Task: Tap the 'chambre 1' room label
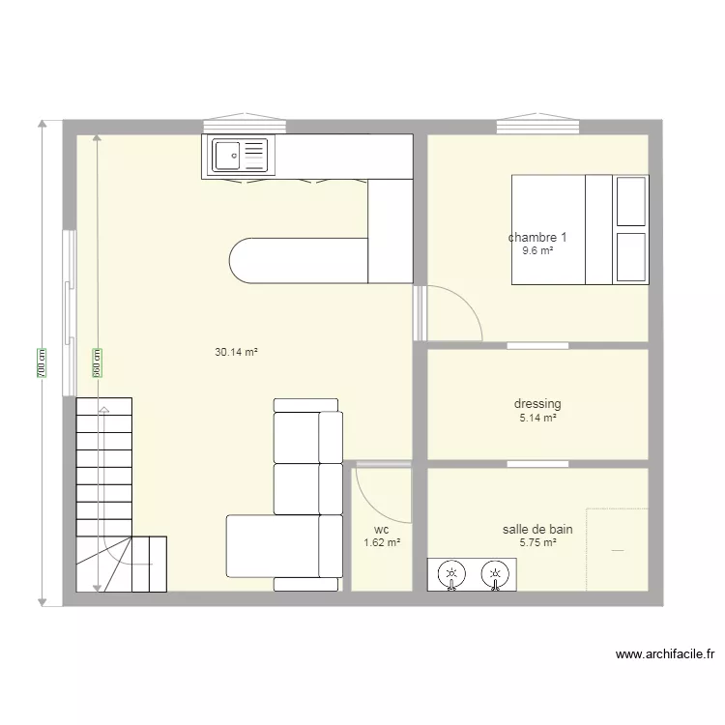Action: pyautogui.click(x=537, y=238)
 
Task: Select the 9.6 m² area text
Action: pyautogui.click(x=537, y=251)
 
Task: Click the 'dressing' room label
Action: pyautogui.click(x=537, y=404)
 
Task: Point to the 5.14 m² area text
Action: pyautogui.click(x=537, y=419)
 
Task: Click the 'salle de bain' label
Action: pyautogui.click(x=537, y=529)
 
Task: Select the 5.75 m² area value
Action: pyautogui.click(x=537, y=543)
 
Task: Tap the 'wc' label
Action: pyautogui.click(x=381, y=529)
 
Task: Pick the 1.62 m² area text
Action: pyautogui.click(x=381, y=543)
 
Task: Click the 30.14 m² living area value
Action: pyautogui.click(x=236, y=353)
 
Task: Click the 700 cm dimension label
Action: pyautogui.click(x=42, y=362)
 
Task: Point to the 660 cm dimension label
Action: pyautogui.click(x=97, y=362)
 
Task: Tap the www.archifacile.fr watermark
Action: pyautogui.click(x=665, y=654)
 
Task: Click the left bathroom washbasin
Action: pyautogui.click(x=449, y=575)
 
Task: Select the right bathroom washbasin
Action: pyautogui.click(x=495, y=575)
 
